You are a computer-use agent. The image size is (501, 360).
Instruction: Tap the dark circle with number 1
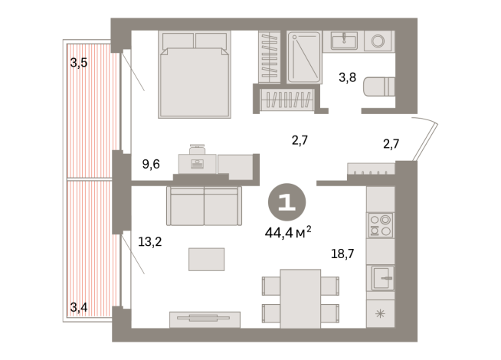(x=287, y=202)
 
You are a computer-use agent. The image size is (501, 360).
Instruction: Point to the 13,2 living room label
(x=150, y=241)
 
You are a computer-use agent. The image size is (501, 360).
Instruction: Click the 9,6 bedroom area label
(x=152, y=163)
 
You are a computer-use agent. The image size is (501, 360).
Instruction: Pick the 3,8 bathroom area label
(x=350, y=77)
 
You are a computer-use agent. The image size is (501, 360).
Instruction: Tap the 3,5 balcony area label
(x=79, y=64)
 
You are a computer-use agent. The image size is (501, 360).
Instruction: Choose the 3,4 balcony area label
(x=79, y=308)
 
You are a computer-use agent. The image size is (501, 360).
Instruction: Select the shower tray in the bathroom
(x=306, y=57)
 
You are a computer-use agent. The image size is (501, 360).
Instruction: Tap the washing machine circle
(x=376, y=40)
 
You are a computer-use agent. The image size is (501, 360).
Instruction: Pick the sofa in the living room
(x=204, y=205)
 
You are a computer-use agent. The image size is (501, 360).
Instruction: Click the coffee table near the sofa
(x=207, y=259)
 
